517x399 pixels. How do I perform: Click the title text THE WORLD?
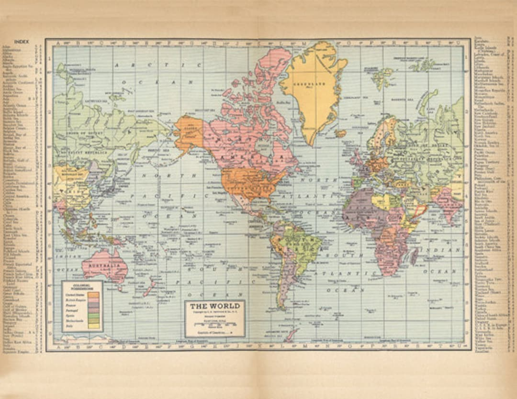tap(215, 306)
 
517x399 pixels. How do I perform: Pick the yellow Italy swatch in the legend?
tap(94, 326)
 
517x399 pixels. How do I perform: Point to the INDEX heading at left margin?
tap(22, 42)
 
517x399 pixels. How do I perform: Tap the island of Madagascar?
tap(414, 256)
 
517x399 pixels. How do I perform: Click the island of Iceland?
tap(340, 133)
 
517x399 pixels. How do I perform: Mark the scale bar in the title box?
tap(214, 324)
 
